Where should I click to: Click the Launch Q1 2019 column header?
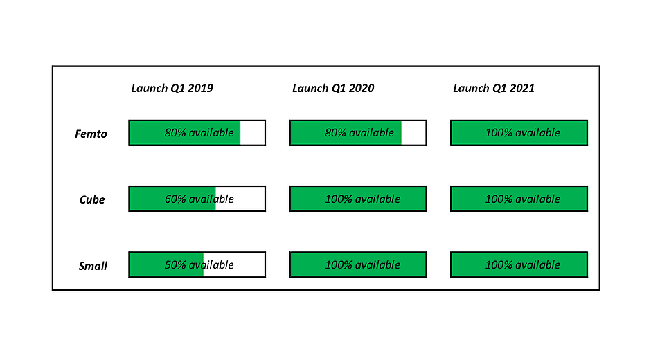click(172, 88)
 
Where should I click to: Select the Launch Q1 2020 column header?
click(333, 88)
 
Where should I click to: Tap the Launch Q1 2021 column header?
click(494, 88)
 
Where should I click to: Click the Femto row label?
click(91, 134)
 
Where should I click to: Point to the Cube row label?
click(91, 199)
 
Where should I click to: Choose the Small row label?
click(93, 266)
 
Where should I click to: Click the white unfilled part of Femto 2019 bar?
click(252, 133)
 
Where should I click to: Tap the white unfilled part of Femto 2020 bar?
click(413, 133)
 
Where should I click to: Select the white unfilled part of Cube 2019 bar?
click(240, 199)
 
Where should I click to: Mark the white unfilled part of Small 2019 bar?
click(234, 264)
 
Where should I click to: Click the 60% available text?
click(199, 199)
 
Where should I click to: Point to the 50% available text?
click(199, 264)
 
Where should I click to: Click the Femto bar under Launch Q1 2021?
click(519, 133)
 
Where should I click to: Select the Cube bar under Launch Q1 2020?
click(358, 199)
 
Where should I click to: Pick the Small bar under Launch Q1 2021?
click(519, 264)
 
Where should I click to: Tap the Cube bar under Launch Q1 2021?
click(519, 199)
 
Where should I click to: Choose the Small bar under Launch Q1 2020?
click(358, 264)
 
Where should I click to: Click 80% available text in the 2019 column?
click(199, 133)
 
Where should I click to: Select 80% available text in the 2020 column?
click(359, 133)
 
